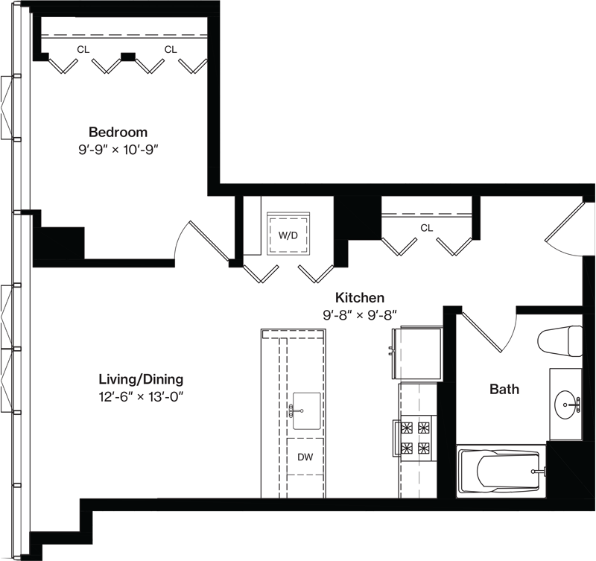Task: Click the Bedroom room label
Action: point(118,133)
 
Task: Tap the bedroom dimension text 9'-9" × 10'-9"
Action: point(118,150)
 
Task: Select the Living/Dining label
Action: point(141,379)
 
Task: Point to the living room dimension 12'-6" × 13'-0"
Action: point(141,397)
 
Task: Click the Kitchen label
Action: point(360,297)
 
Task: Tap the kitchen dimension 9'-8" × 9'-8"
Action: point(360,314)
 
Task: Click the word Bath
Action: point(504,389)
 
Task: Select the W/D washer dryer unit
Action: point(288,234)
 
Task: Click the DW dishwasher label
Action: point(305,457)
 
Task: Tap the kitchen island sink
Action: point(306,411)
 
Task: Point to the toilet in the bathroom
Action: point(560,341)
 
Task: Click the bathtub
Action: point(501,472)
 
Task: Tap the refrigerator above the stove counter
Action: point(417,352)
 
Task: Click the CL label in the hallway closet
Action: point(426,228)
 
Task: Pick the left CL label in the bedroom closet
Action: point(83,49)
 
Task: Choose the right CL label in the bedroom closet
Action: point(171,49)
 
